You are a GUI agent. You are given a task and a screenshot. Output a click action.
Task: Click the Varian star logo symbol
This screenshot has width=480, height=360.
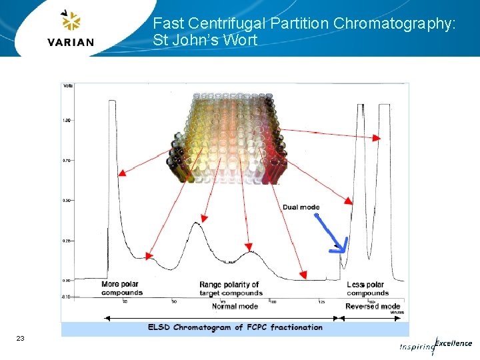(x=70, y=21)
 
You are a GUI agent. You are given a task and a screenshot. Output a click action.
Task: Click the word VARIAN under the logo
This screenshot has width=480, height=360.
(x=71, y=42)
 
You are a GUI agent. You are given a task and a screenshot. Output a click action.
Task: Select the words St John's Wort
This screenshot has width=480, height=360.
(x=205, y=40)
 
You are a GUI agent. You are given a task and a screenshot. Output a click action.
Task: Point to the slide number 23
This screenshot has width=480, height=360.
(x=21, y=339)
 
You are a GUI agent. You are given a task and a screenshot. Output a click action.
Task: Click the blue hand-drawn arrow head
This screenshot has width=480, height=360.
(x=339, y=249)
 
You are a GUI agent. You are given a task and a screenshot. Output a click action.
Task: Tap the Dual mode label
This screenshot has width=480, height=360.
(x=301, y=207)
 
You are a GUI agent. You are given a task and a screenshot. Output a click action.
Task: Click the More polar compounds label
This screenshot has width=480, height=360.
(x=121, y=289)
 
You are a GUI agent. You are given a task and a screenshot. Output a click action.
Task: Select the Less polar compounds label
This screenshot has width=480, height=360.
(x=367, y=289)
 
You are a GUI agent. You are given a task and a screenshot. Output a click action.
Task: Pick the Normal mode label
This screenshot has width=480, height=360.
(x=235, y=307)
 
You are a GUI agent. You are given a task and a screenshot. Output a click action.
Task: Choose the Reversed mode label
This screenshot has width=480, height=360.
(x=372, y=307)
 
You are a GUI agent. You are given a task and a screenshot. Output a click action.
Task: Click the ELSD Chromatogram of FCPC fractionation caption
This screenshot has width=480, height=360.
(x=235, y=327)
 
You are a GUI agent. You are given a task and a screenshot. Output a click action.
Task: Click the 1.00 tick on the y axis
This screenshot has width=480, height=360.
(x=67, y=120)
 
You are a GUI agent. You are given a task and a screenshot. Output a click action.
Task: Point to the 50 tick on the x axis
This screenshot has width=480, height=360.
(x=174, y=301)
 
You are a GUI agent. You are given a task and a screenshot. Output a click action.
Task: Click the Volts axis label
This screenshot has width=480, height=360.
(x=67, y=86)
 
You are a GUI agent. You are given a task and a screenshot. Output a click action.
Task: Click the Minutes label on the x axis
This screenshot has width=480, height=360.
(x=397, y=311)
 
